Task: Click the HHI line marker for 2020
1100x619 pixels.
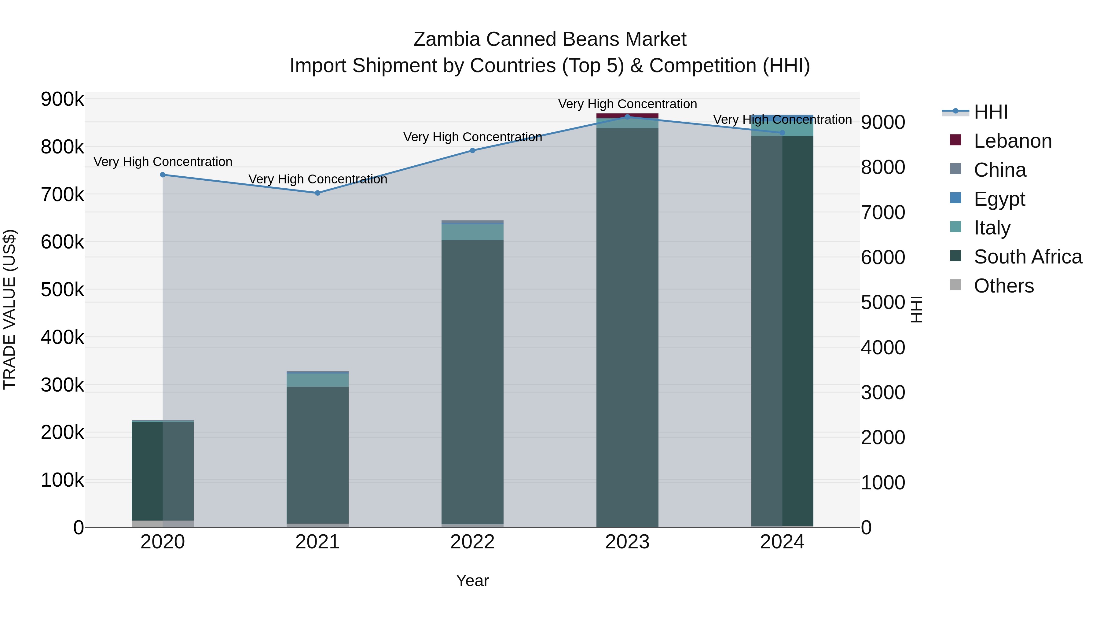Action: (x=163, y=175)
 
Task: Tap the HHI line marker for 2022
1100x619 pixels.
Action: (x=473, y=150)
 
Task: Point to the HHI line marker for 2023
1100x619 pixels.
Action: (x=627, y=117)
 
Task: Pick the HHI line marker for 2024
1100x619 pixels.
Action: (x=782, y=133)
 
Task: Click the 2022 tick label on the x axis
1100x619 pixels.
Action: (x=472, y=542)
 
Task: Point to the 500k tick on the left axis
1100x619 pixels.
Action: (x=62, y=290)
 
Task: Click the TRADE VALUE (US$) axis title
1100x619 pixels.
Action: (x=9, y=309)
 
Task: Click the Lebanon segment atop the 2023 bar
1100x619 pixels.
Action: (x=627, y=115)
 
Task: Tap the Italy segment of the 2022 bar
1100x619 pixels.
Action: (x=472, y=232)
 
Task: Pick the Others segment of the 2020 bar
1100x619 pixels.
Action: (x=163, y=524)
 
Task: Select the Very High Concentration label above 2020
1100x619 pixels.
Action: (x=163, y=162)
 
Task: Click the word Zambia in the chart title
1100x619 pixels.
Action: (x=447, y=39)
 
